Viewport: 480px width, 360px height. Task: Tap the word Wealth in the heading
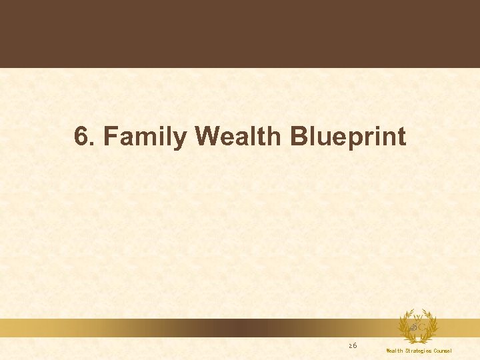pos(240,137)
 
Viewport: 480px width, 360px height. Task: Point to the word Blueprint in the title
pos(347,137)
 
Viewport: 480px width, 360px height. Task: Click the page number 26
pos(353,345)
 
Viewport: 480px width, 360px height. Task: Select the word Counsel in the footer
pos(443,351)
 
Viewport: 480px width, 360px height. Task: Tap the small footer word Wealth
pos(394,351)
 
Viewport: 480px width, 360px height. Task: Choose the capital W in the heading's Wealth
pos(208,137)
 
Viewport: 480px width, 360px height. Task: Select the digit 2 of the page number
pos(351,345)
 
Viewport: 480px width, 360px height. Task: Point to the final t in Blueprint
pos(401,137)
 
